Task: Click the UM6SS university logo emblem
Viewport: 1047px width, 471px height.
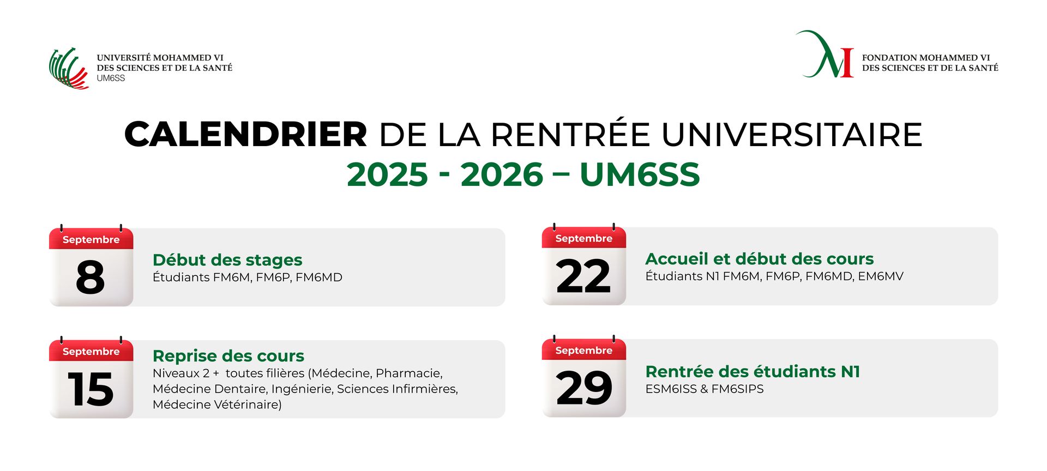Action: [69, 68]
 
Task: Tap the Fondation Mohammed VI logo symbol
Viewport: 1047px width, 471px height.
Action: [825, 54]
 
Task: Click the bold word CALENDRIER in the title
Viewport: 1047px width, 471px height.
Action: [246, 134]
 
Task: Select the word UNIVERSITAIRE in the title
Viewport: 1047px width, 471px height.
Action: [792, 134]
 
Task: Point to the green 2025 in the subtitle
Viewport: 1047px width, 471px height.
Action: [388, 174]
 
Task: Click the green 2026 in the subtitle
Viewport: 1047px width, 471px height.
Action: [502, 174]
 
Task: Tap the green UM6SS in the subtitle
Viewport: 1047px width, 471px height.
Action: [640, 174]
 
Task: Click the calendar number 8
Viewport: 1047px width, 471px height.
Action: [91, 277]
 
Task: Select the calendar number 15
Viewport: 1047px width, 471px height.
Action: [91, 389]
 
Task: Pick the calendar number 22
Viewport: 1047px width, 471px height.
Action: [583, 276]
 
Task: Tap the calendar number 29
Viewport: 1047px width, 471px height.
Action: [584, 388]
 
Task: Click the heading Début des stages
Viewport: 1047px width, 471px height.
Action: [227, 260]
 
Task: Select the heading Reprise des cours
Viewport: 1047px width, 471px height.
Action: [228, 356]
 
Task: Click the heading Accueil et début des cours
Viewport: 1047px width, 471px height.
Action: [760, 259]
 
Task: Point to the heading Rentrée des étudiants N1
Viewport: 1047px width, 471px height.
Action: [753, 372]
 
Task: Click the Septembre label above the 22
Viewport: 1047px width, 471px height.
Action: [584, 238]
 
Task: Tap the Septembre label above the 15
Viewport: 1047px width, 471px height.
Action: [91, 352]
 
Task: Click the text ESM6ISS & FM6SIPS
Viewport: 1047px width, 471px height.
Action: [705, 389]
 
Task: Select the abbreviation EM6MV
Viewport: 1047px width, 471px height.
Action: [881, 276]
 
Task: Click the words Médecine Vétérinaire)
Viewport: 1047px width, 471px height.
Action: [217, 404]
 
